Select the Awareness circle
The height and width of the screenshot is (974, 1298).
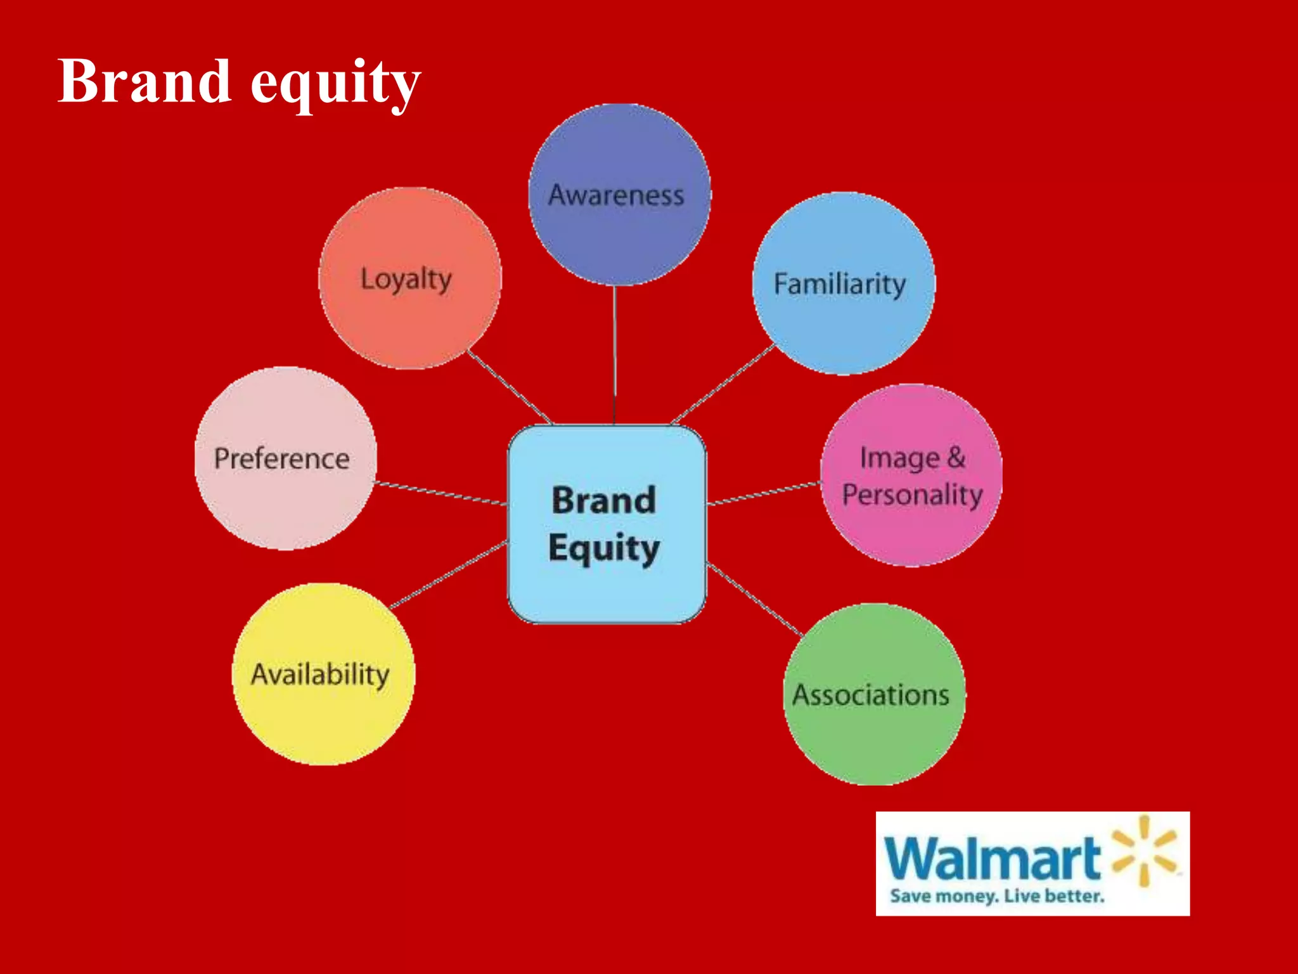point(619,194)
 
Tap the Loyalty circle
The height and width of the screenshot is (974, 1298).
point(409,278)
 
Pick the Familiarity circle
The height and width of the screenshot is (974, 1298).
point(843,283)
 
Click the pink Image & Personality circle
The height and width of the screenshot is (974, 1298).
point(911,476)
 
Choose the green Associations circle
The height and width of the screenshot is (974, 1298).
point(874,694)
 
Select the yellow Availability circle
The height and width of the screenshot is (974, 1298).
point(323,674)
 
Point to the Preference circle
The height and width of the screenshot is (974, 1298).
point(285,458)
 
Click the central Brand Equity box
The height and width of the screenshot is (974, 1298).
point(606,524)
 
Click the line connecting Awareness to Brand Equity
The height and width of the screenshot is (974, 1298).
point(614,355)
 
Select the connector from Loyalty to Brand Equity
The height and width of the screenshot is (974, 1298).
point(510,387)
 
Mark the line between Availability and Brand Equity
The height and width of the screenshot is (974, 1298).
point(449,575)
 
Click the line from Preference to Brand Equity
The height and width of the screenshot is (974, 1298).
point(440,493)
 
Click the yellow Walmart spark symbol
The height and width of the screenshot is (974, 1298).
point(1144,850)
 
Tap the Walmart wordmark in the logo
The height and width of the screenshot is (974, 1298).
point(992,859)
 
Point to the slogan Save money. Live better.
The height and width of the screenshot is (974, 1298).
point(996,896)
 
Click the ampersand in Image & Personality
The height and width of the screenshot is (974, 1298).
point(956,457)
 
